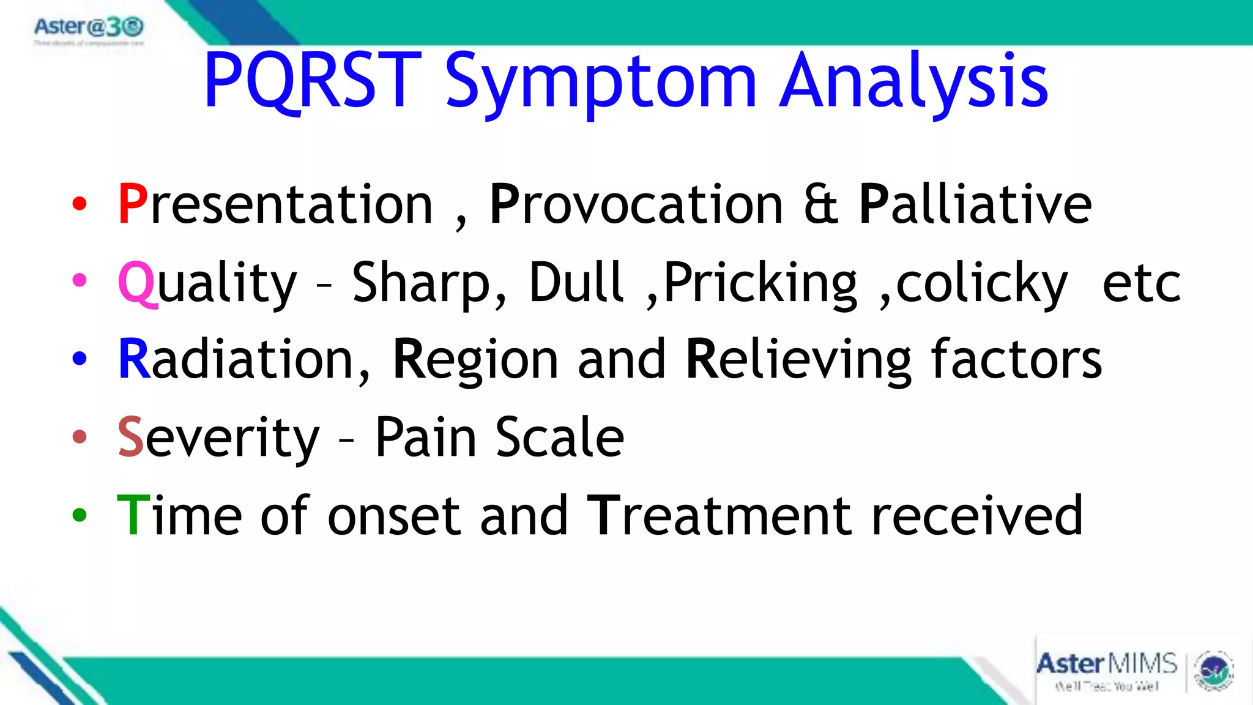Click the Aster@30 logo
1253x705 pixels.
[x=89, y=28]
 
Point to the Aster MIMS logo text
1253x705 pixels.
[x=1106, y=664]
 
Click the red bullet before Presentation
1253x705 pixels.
[x=80, y=204]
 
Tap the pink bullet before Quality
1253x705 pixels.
[x=80, y=281]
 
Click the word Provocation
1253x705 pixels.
[x=636, y=204]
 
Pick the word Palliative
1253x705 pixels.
[x=975, y=204]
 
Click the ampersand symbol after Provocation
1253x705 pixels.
[x=820, y=204]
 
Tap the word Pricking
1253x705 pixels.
[x=760, y=283]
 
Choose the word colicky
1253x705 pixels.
[x=981, y=283]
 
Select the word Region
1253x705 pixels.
[x=475, y=360]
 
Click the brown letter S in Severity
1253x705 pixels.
[x=130, y=437]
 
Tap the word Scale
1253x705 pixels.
[x=559, y=437]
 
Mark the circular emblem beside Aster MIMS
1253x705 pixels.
[x=1214, y=671]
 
